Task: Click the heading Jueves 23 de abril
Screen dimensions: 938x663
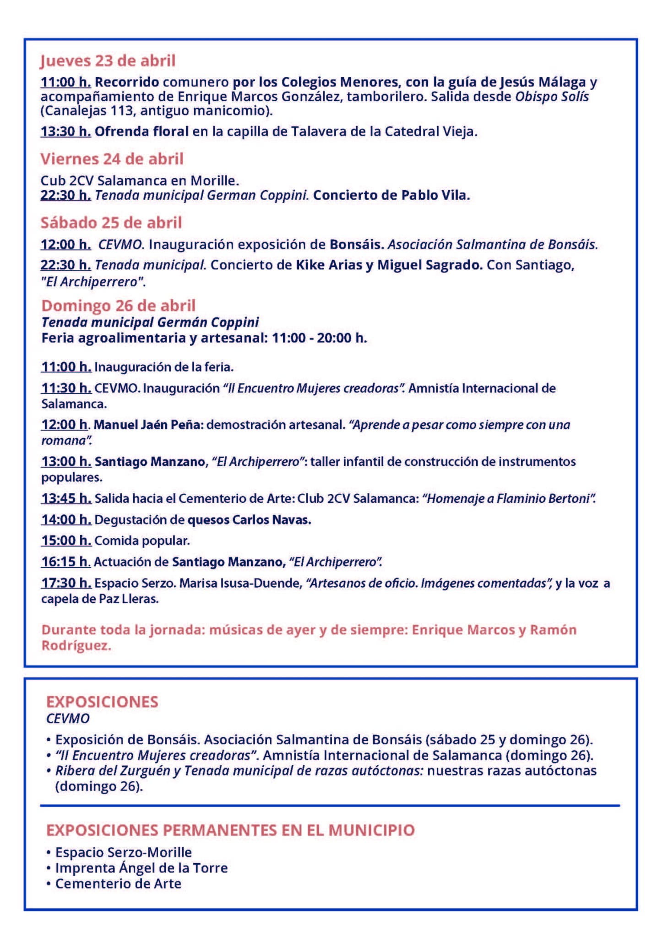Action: point(108,60)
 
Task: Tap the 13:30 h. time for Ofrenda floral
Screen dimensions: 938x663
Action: point(65,131)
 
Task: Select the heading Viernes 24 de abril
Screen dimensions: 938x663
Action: point(112,159)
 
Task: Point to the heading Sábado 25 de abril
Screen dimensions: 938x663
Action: point(111,223)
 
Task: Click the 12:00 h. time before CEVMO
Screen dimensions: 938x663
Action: point(65,244)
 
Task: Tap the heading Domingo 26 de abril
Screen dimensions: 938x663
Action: point(118,305)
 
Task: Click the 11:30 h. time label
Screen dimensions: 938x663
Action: point(66,388)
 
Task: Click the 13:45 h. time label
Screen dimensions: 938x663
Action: point(66,498)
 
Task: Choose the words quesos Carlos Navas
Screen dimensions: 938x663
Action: point(250,520)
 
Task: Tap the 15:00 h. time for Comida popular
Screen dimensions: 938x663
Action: point(66,541)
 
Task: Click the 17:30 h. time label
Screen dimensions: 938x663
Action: point(66,583)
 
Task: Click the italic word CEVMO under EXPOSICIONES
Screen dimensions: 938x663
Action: point(68,718)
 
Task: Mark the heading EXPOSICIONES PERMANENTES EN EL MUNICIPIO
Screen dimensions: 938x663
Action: point(230,829)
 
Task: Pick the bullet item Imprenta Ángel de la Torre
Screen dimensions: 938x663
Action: point(141,868)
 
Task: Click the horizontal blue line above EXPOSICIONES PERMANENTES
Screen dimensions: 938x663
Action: point(330,805)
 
